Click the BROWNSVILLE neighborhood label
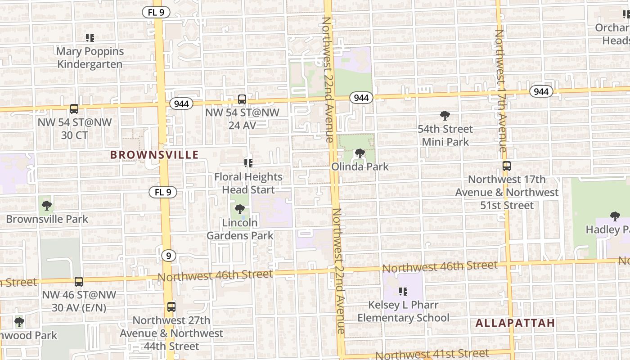coord(154,155)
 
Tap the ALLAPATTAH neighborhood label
coord(515,323)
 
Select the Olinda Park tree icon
coord(360,154)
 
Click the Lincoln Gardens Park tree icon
coord(240,209)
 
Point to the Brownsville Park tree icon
coord(46,206)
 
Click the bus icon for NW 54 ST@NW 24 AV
coord(242,99)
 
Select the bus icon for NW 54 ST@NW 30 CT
coord(74,109)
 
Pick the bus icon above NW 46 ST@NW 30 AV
coord(79,282)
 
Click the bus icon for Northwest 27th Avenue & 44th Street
coord(171,307)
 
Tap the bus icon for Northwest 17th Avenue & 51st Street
coord(507,166)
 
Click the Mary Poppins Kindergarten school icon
coord(90,38)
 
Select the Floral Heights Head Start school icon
coord(248,163)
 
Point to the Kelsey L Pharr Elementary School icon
coord(403,292)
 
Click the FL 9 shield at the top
coord(156,13)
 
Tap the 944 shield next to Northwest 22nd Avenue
coord(361,98)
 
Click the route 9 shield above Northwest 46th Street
coord(168,256)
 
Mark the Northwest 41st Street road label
coord(432,354)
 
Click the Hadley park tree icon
coord(615,216)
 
